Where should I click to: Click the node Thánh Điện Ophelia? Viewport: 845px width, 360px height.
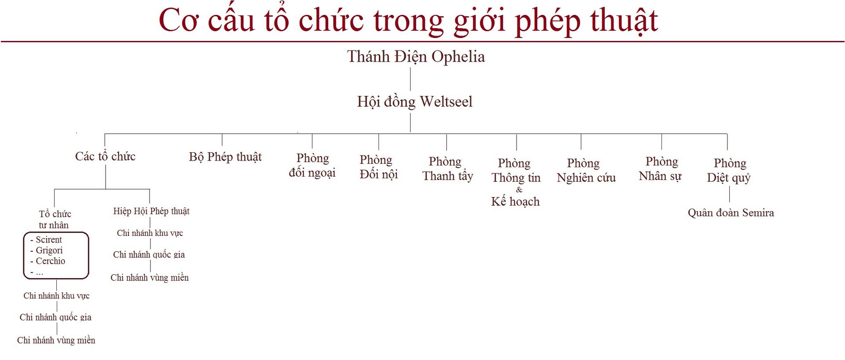(x=416, y=57)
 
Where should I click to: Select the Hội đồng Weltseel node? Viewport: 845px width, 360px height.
(x=415, y=102)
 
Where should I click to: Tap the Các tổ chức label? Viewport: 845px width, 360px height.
(x=105, y=156)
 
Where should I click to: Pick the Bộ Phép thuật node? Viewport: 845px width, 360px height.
(x=225, y=157)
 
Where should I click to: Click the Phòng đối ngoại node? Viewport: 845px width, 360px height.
(x=312, y=165)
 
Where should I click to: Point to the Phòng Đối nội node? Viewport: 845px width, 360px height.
(x=378, y=167)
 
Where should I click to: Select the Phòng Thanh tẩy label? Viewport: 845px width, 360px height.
(x=448, y=169)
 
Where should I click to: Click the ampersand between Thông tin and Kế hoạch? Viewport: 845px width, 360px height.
(x=519, y=190)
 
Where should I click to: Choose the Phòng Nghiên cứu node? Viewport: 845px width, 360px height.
(x=586, y=170)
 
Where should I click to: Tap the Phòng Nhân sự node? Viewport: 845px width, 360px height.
(x=660, y=169)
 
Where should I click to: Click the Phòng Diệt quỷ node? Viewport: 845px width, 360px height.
(x=729, y=171)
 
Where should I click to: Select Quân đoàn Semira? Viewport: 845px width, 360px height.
(x=731, y=213)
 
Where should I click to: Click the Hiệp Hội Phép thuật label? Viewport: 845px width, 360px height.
(x=151, y=211)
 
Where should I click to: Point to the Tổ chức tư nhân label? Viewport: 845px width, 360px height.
(x=55, y=220)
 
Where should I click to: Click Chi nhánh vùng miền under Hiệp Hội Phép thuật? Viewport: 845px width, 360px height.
(x=150, y=278)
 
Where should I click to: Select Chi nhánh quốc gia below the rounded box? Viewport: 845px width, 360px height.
(x=55, y=317)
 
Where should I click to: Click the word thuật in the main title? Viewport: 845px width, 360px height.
(x=624, y=21)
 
